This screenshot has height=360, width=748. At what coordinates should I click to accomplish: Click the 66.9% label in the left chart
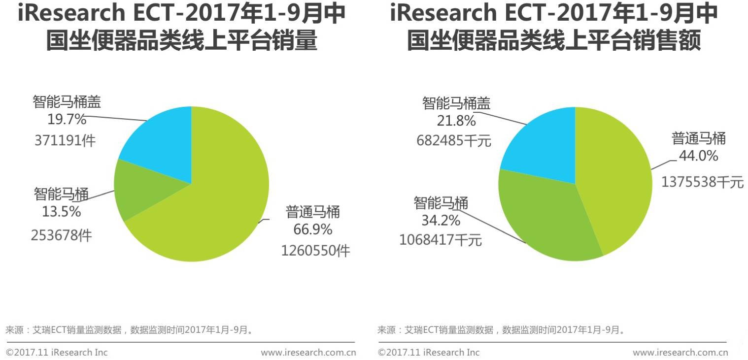click(x=313, y=229)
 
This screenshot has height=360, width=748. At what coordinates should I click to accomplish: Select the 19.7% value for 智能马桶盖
click(x=67, y=119)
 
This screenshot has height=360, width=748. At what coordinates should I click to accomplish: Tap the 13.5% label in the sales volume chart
click(x=61, y=212)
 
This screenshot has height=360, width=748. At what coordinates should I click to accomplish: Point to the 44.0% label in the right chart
click(x=698, y=156)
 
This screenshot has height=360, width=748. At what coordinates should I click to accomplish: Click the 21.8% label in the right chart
click(x=456, y=121)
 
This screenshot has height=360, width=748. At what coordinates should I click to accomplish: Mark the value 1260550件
click(x=315, y=251)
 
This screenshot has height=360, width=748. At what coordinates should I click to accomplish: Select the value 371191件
click(x=65, y=141)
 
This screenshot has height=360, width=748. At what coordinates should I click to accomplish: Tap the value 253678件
click(x=61, y=235)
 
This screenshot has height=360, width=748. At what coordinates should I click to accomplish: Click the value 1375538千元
click(x=702, y=182)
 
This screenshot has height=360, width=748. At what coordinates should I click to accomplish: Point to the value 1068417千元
click(x=440, y=240)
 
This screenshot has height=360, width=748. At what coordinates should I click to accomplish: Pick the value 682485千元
click(x=454, y=141)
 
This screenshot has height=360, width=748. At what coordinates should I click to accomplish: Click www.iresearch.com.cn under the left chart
click(x=308, y=353)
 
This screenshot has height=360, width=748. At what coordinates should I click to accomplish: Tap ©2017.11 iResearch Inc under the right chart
click(x=428, y=353)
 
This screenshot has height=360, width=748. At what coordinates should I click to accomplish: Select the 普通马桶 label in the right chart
click(x=699, y=139)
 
